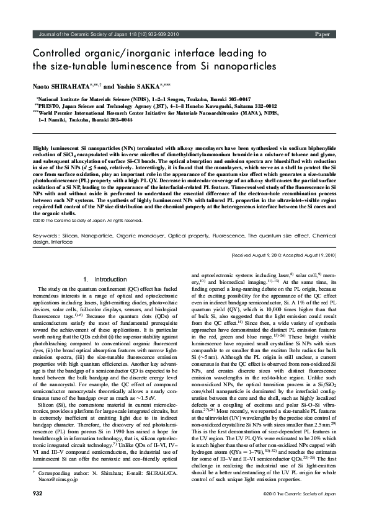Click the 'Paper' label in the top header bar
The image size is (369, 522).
click(x=321, y=34)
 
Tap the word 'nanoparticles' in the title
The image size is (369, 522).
click(x=232, y=66)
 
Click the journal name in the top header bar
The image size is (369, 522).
click(x=100, y=34)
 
